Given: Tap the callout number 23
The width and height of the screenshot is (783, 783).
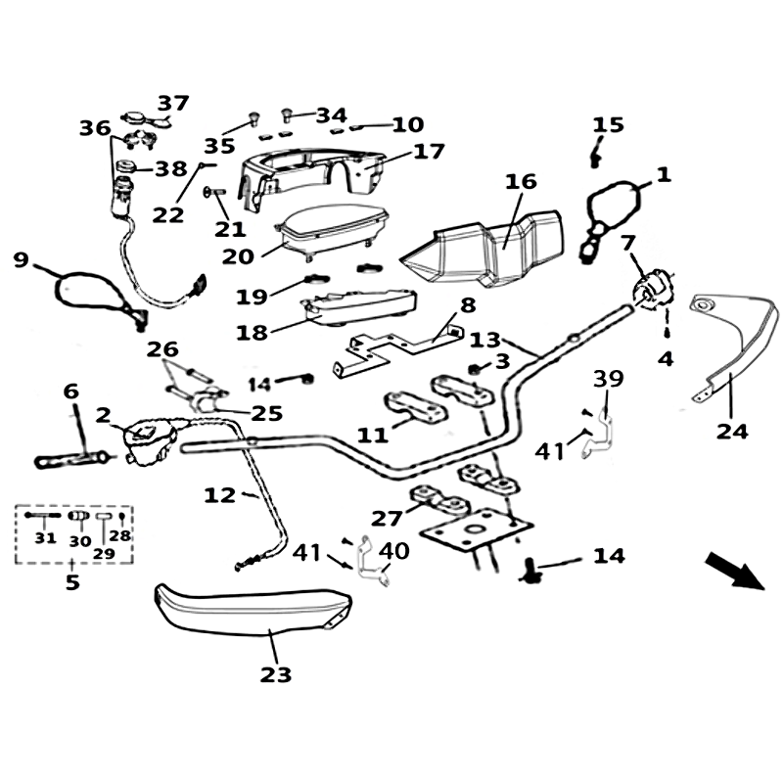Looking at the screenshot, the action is point(276,674).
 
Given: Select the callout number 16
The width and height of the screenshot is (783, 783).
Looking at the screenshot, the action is point(521,182).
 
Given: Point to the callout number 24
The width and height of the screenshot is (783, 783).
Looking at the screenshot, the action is point(732,431).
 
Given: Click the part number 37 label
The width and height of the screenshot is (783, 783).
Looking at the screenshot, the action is point(173,104).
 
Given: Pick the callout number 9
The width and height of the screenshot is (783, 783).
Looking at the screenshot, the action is point(21,259).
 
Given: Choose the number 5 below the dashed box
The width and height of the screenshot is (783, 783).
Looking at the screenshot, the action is point(72,581).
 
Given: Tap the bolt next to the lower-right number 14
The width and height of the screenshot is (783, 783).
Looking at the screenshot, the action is point(530,570).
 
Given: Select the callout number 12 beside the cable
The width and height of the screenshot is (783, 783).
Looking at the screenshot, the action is point(219,495).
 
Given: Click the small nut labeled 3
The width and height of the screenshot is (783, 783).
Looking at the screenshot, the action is point(475,370).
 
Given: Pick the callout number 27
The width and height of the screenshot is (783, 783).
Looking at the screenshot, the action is point(386,519).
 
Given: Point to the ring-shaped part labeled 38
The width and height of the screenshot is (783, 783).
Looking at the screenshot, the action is point(126,166).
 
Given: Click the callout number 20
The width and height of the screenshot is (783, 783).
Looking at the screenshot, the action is point(238,256).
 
